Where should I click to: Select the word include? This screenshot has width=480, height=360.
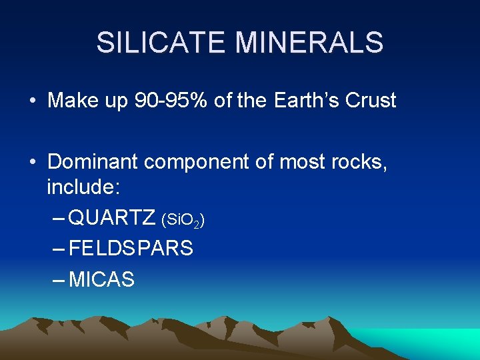coord(83,187)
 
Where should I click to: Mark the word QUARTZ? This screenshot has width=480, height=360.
coord(112,217)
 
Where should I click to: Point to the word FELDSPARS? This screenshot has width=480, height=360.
coord(131,249)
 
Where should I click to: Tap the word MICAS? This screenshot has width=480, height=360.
coord(101,279)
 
